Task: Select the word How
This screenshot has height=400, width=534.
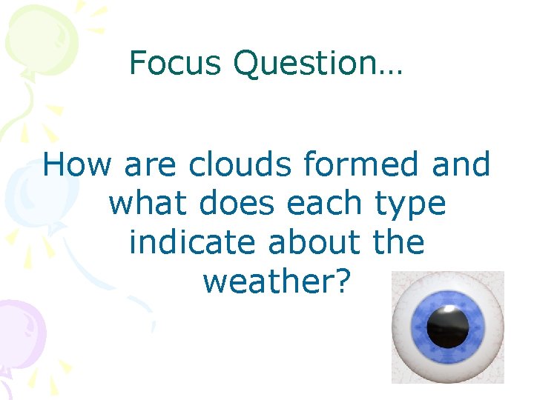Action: point(78,164)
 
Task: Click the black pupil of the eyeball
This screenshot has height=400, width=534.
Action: point(448,327)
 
